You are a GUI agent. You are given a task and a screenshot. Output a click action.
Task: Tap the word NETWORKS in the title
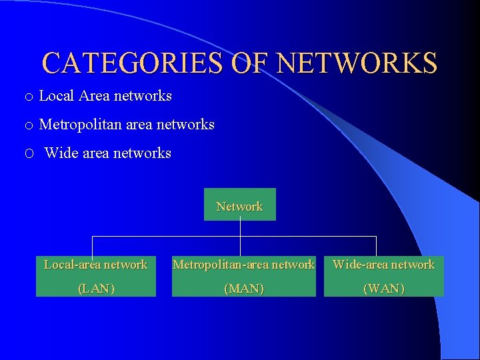pos(357,63)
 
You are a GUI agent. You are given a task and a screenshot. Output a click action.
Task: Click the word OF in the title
pos(251,63)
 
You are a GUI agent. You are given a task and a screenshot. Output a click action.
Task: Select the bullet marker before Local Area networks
pos(29,97)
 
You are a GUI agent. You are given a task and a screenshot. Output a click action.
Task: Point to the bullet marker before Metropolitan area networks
pos(29,125)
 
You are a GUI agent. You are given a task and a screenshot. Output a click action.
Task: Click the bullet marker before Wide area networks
pos(29,154)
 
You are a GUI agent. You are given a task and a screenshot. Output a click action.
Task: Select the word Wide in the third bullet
pos(61,153)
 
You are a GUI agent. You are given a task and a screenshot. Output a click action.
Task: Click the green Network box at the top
pos(239,205)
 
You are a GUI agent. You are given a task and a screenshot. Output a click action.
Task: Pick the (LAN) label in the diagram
pos(96,289)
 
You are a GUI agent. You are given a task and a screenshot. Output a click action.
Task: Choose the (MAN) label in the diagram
pos(244,289)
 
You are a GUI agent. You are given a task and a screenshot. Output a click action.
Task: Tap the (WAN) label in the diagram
pos(383,289)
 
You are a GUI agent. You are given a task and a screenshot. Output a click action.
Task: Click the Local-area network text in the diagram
pos(95,265)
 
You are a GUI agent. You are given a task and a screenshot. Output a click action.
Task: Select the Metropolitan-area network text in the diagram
pos(243,265)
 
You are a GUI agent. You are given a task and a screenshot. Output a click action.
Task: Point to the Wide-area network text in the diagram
pos(383,265)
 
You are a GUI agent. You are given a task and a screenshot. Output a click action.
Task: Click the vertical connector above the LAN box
pos(92,246)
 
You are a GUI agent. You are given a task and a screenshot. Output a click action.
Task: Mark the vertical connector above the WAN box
pos(377,246)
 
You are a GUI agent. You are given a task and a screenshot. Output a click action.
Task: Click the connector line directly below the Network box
pos(240,228)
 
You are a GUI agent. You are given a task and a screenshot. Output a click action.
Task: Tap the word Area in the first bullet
pos(94,96)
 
